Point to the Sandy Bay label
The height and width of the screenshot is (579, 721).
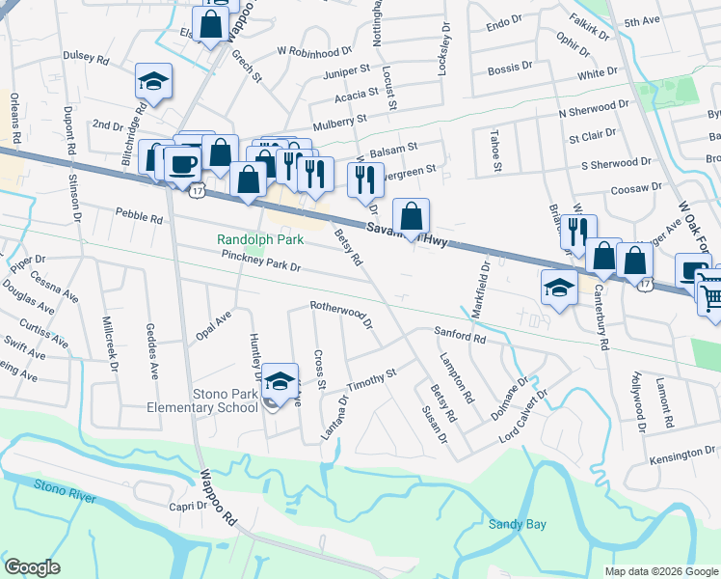click(x=517, y=524)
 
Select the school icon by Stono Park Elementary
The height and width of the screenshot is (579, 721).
click(x=280, y=382)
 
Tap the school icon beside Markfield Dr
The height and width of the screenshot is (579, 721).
click(x=558, y=288)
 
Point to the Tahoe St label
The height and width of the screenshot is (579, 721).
click(x=496, y=152)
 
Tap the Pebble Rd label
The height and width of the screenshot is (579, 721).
click(x=139, y=216)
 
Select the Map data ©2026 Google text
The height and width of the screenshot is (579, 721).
click(x=661, y=571)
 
